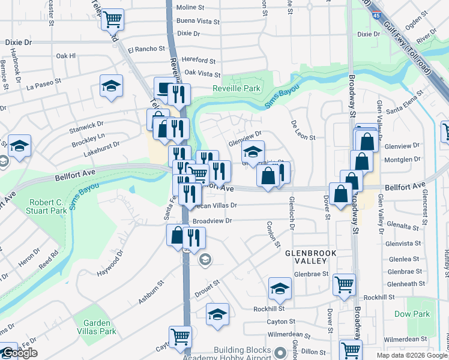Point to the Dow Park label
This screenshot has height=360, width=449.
412,314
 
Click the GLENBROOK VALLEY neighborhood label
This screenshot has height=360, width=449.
306,257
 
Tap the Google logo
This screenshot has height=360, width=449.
19,353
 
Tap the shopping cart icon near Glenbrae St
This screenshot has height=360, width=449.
344,284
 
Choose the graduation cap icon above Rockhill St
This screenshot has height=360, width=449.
280,289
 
